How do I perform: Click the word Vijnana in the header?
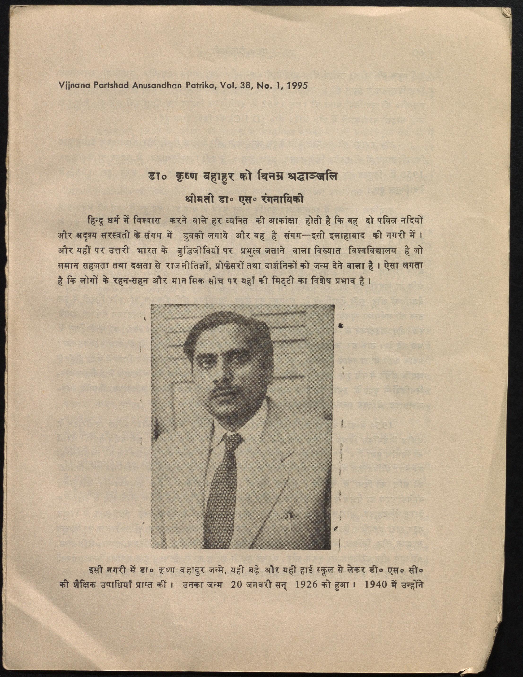pyautogui.click(x=73, y=86)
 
